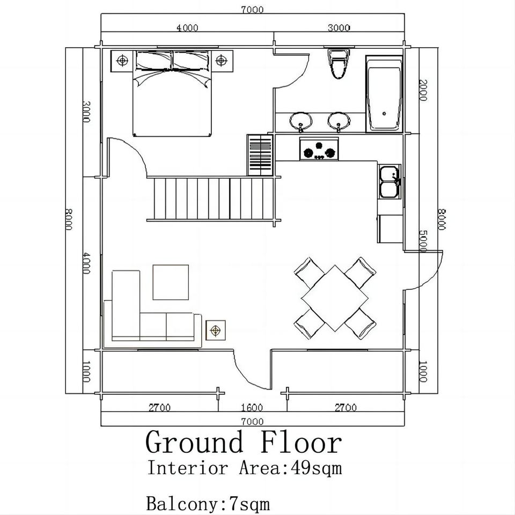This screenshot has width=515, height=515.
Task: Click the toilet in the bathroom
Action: [x=339, y=64]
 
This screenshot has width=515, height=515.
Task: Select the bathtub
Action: [x=384, y=94]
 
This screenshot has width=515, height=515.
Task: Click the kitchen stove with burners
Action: [x=319, y=149]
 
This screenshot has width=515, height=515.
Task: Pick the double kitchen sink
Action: [x=390, y=182]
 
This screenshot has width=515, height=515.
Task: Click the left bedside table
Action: [x=122, y=61]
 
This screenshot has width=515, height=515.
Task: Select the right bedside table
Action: [x=222, y=61]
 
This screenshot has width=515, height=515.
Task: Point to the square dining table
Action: [x=335, y=298]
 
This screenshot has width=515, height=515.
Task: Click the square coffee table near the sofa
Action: [x=171, y=282]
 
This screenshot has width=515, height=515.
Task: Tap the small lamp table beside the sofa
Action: [x=216, y=330]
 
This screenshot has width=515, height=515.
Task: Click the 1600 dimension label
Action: [x=252, y=408]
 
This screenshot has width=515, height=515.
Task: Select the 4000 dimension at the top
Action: [x=187, y=28]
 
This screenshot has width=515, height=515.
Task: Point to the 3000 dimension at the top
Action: [x=339, y=28]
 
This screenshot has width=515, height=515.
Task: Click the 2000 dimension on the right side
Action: [x=423, y=90]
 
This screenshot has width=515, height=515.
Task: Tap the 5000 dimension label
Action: [x=423, y=241]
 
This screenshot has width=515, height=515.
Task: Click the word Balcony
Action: [x=182, y=504]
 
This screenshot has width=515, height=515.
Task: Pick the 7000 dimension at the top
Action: [x=252, y=10]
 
